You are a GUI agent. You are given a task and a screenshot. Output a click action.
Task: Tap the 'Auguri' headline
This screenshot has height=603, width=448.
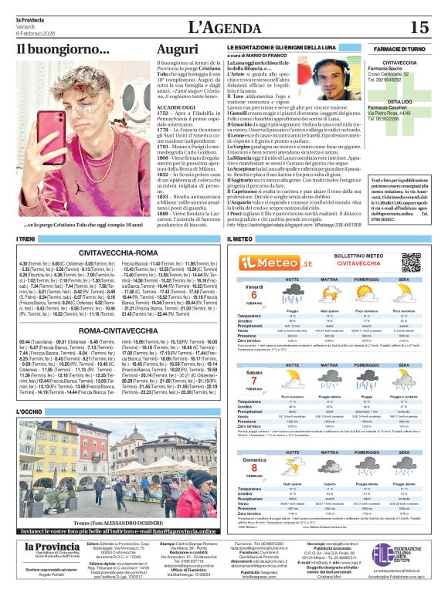[x=177, y=49]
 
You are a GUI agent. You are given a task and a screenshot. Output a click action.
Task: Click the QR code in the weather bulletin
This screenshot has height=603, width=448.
[x=412, y=262]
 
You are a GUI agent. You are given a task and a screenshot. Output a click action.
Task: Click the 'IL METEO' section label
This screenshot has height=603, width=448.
[x=240, y=240]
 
